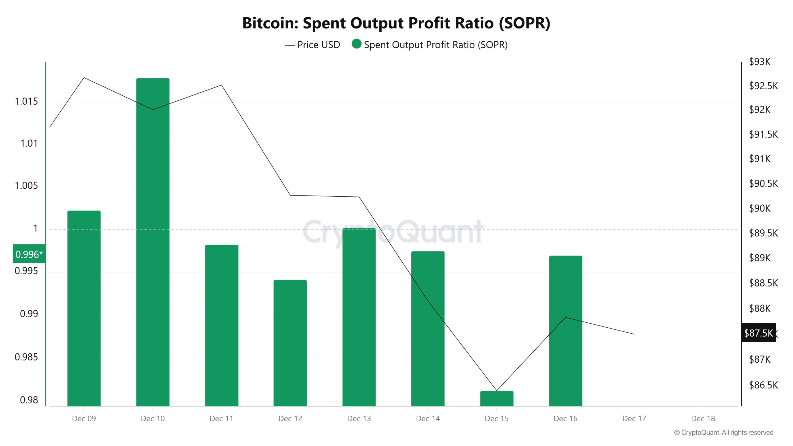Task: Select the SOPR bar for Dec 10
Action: (153, 242)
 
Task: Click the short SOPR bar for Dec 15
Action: (497, 399)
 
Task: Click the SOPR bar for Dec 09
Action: (84, 308)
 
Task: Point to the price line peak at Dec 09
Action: (84, 78)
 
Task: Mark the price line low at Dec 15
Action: (497, 391)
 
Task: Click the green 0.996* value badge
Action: (29, 254)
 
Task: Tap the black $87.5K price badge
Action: (758, 333)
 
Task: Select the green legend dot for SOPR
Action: (357, 44)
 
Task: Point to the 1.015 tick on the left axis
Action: (26, 101)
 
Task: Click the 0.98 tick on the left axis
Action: (29, 400)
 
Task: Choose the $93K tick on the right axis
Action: (760, 62)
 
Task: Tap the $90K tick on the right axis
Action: (760, 208)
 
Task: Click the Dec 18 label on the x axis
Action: (703, 418)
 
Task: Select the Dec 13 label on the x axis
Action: (359, 418)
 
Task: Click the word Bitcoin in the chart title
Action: (269, 23)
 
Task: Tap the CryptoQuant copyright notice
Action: (724, 433)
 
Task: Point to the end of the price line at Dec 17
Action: (634, 334)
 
